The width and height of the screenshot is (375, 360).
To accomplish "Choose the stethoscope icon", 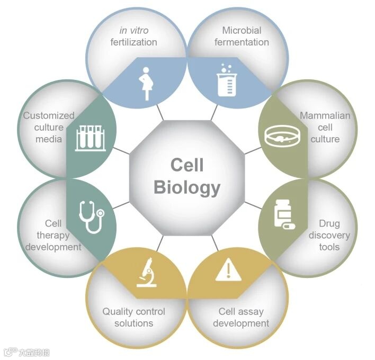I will (x=91, y=215).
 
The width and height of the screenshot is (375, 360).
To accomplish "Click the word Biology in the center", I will (x=187, y=187).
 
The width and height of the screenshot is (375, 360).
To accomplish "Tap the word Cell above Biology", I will (x=187, y=166).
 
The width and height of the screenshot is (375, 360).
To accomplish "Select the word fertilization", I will (x=134, y=42).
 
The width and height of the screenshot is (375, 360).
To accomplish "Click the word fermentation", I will (x=242, y=42).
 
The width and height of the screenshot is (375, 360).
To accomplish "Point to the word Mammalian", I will (x=325, y=115).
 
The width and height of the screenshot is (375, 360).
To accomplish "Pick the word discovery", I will (x=329, y=235).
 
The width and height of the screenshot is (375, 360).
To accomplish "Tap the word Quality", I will (x=117, y=311).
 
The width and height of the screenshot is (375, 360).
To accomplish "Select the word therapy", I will (x=53, y=235).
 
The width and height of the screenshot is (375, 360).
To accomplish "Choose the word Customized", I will (x=49, y=115).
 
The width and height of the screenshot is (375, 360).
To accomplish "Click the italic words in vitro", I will (x=134, y=30).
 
